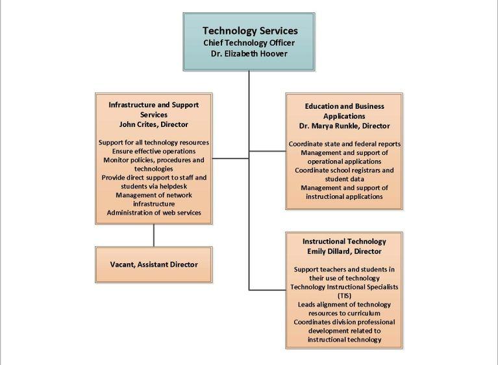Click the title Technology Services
tap(249, 30)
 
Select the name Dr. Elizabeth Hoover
tap(249, 53)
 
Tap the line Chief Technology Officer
tap(249, 43)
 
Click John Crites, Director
tap(153, 124)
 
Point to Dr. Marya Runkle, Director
tap(344, 126)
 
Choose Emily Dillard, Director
tap(344, 251)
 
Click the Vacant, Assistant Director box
tap(153, 265)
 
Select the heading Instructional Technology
tap(344, 241)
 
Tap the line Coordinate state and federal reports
tap(344, 143)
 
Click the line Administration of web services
tap(153, 213)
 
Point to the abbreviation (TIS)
tap(344, 295)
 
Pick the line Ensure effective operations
tap(153, 151)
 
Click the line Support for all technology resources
tap(153, 142)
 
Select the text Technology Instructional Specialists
tap(344, 287)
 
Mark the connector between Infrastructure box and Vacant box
tap(154, 235)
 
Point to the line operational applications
tap(344, 161)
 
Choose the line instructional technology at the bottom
tap(344, 340)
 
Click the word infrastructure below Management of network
tap(153, 204)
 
